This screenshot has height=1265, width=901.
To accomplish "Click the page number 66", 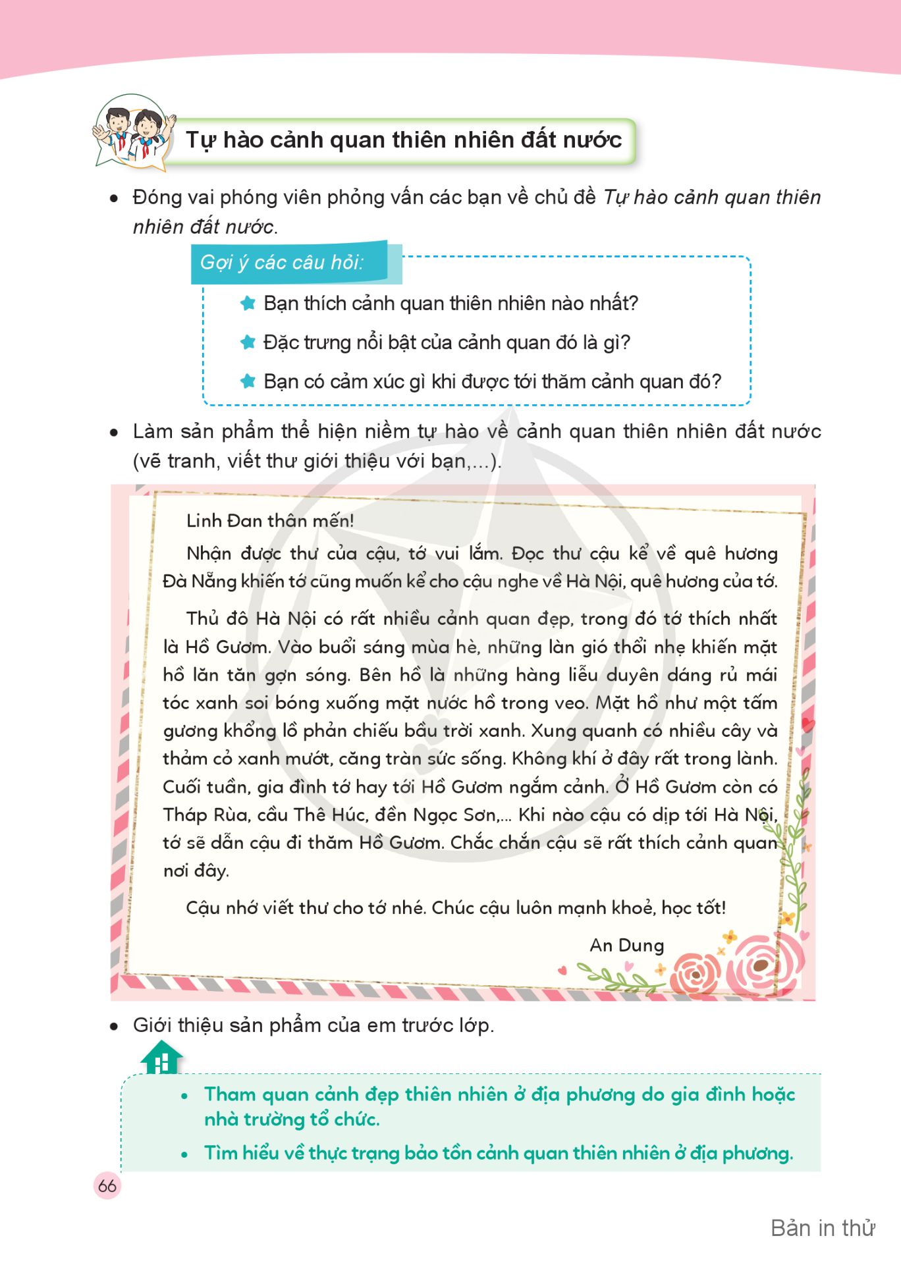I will point(107,1185).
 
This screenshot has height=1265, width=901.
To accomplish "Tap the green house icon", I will point(161,1057).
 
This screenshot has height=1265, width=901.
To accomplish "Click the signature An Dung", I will point(626,945).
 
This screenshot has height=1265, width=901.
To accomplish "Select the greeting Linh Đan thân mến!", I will point(270,520).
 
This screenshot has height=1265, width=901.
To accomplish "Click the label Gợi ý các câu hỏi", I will point(282,263).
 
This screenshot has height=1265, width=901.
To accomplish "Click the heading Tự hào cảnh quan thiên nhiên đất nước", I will point(403,140).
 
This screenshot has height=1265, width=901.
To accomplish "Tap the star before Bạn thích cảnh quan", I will point(248,303).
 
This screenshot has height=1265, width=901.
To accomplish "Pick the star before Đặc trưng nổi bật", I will point(248,342).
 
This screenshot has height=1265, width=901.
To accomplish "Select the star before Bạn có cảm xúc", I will point(248,381).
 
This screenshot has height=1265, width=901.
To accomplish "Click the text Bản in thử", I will point(823,1228).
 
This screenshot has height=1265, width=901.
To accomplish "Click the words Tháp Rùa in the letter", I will point(194,815).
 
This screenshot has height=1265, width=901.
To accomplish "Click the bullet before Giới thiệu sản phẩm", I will point(115,1026).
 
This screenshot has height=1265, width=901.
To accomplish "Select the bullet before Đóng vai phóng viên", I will point(115,198).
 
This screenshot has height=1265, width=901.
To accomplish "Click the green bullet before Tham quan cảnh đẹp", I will point(185,1096).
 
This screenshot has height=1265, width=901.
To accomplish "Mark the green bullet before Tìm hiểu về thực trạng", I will point(185,1154).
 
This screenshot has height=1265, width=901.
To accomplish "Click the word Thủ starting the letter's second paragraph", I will point(202,618).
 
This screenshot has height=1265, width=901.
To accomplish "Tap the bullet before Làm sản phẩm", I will point(115,433).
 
